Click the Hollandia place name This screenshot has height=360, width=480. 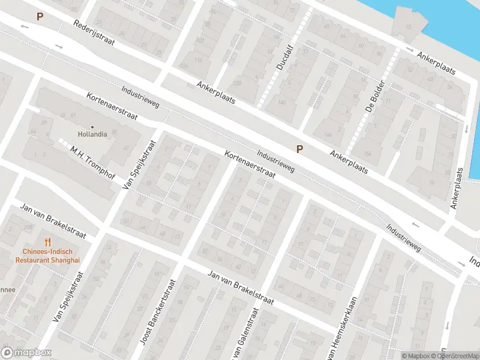coord(92,134)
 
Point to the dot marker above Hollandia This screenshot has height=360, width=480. coord(92,127)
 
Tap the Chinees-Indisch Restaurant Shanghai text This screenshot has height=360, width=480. coord(47,256)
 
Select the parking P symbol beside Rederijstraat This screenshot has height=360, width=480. coord(40,17)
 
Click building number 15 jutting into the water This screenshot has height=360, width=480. coord(409,27)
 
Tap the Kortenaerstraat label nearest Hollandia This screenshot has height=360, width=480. coord(112,106)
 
